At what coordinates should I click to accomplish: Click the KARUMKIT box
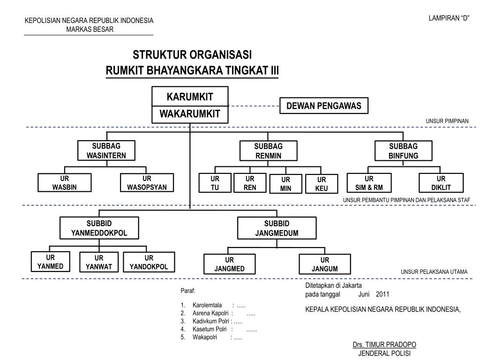(x=190, y=97)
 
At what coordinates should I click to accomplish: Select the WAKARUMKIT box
(x=190, y=114)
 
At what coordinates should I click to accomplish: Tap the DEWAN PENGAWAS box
(x=324, y=106)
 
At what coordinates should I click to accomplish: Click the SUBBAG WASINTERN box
(x=106, y=151)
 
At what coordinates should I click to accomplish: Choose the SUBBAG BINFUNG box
(x=403, y=151)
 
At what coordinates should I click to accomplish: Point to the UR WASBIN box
(x=65, y=183)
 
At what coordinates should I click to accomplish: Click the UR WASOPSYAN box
(x=147, y=183)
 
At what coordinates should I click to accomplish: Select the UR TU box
(x=215, y=183)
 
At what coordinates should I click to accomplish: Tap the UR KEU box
(x=322, y=184)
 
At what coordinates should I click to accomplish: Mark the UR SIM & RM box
(x=369, y=183)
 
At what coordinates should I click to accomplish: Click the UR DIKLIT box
(x=441, y=183)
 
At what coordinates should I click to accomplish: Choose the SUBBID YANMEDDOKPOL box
(x=99, y=228)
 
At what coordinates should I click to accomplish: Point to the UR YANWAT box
(x=98, y=262)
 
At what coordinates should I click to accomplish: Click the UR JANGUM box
(x=324, y=264)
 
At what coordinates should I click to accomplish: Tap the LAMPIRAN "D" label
(x=449, y=18)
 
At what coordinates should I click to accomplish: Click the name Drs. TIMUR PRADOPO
(x=384, y=345)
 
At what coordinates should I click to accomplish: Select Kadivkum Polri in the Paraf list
(x=210, y=321)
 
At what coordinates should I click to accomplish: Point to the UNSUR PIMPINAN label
(x=447, y=121)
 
